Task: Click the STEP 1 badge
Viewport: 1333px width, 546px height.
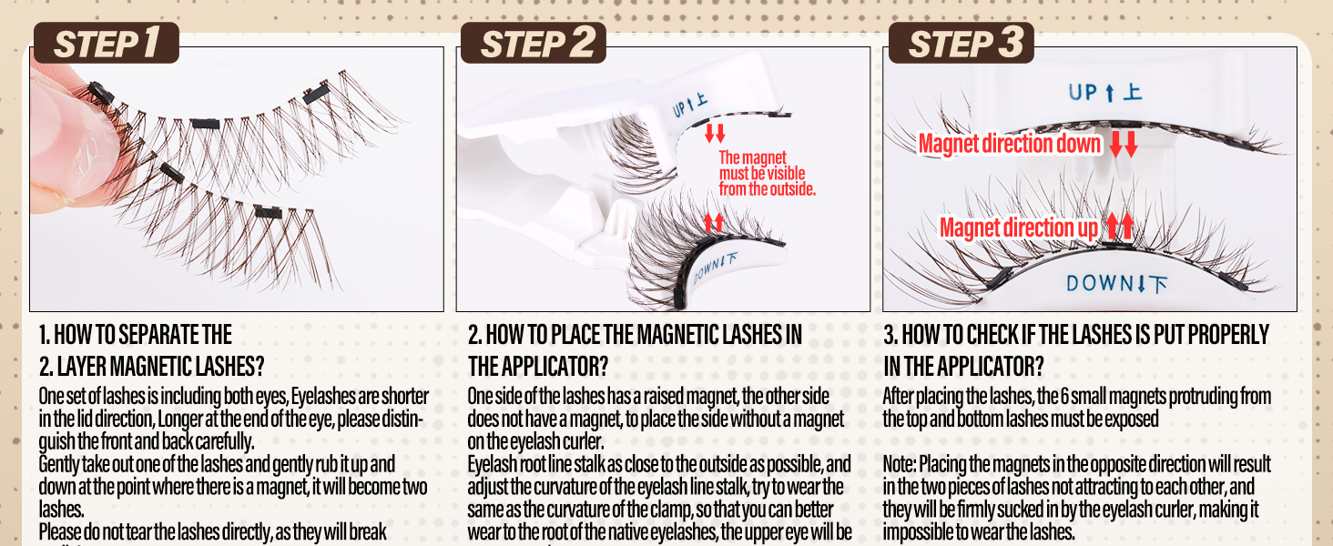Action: [x=107, y=44]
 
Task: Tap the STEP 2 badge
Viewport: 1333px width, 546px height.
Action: [x=533, y=44]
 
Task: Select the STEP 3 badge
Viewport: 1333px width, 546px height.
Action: [x=961, y=44]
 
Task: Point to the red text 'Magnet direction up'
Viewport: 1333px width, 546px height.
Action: [x=1019, y=227]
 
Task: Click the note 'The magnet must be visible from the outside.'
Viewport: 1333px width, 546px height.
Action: [x=767, y=174]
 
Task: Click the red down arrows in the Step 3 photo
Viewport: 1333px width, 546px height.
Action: [x=1123, y=145]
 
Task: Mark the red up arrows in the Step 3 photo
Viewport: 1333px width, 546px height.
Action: [x=1120, y=227]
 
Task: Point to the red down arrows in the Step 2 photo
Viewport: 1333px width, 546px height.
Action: [x=714, y=133]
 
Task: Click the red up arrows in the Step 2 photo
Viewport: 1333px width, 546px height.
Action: [x=714, y=222]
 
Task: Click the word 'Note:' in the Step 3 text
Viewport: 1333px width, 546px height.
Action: [x=901, y=464]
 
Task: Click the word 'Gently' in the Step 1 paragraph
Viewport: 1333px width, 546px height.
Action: [x=57, y=464]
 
